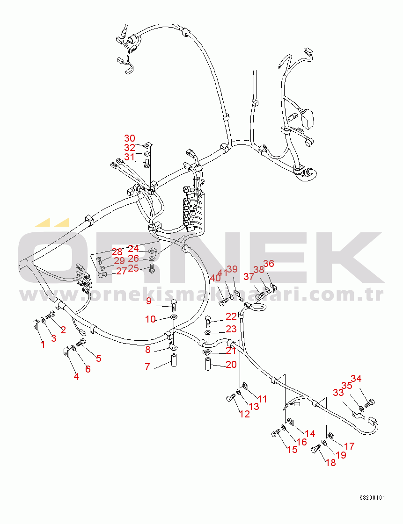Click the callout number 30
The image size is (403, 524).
[x=130, y=138]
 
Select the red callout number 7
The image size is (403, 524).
[x=147, y=367]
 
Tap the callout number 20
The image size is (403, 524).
[x=231, y=365]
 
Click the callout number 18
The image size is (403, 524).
[x=331, y=463]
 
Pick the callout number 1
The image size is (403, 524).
[x=43, y=345]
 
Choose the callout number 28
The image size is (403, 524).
[x=117, y=252]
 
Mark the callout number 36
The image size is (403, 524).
[x=269, y=264]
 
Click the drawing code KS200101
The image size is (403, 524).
[x=372, y=498]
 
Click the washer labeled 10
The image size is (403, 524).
[x=174, y=317]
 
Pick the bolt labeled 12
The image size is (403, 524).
[x=230, y=398]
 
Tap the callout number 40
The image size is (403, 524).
[x=215, y=278]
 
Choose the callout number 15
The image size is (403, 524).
[x=292, y=450]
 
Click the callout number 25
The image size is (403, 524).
[x=133, y=268]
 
